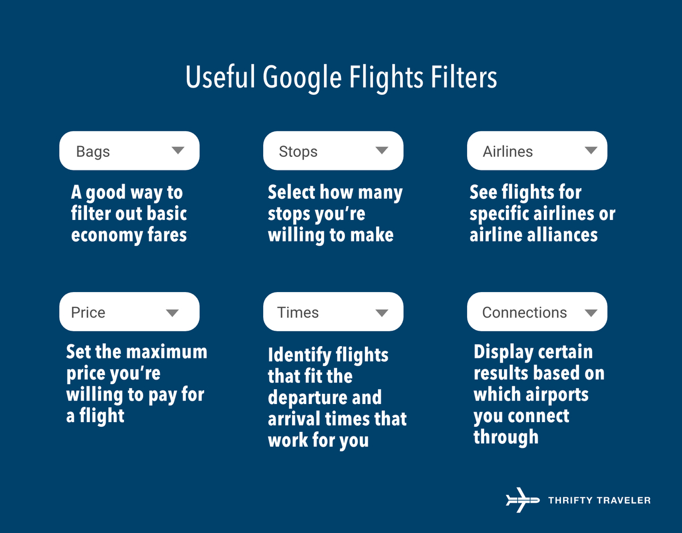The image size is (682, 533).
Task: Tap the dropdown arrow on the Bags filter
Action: pos(178,151)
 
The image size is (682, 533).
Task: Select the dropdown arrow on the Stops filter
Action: pos(382,151)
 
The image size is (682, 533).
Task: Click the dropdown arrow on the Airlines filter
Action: pos(591,151)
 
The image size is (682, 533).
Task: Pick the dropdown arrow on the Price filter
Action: pos(172,313)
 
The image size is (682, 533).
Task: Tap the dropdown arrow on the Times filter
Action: pos(382,313)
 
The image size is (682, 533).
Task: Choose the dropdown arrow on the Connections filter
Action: pos(591,313)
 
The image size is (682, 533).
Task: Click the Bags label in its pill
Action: pos(93,152)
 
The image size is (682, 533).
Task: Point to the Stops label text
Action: pos(298,152)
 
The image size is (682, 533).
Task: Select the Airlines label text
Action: pos(508,152)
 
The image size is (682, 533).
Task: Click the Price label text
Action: pos(88,313)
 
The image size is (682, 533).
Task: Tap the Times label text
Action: pos(298,313)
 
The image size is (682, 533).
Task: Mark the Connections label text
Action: pos(524,313)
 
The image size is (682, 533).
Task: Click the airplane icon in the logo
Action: pos(522,500)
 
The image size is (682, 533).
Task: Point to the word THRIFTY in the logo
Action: pos(572,501)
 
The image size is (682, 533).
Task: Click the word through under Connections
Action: pos(506,438)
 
